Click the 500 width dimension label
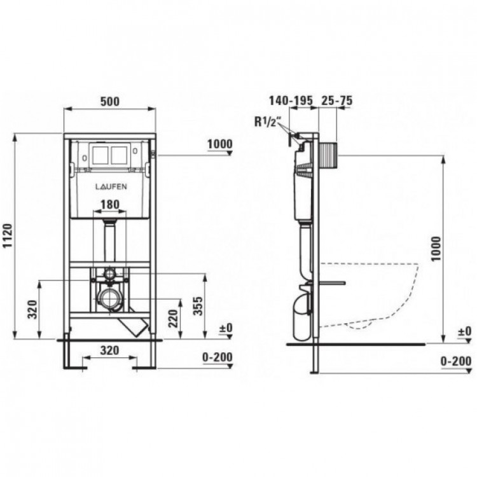[110, 101]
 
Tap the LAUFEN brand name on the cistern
[111, 186]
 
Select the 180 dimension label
[110, 204]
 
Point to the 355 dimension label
[198, 306]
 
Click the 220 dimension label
[174, 319]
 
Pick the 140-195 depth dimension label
[291, 100]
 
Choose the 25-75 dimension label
[337, 100]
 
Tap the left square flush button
[100, 155]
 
